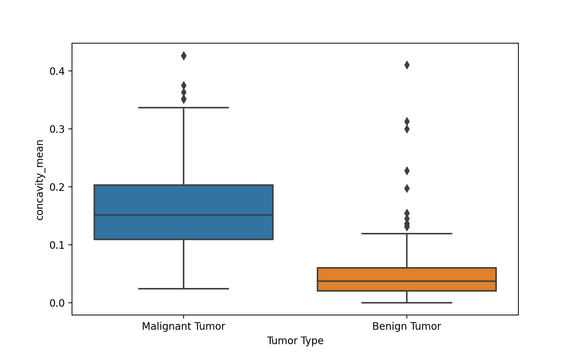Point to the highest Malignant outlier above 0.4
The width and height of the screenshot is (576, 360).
click(x=184, y=56)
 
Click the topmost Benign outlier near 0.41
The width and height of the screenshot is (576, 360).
click(x=407, y=65)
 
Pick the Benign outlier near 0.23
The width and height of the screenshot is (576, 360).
click(x=407, y=171)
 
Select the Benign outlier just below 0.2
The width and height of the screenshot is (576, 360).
click(x=407, y=188)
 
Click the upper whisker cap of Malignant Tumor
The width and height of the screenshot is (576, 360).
click(x=184, y=108)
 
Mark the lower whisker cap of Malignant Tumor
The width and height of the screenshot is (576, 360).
click(x=184, y=289)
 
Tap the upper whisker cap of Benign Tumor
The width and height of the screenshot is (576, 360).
click(x=407, y=234)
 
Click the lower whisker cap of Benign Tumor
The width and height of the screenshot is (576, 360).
click(x=407, y=303)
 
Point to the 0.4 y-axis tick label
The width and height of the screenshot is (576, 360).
click(x=57, y=71)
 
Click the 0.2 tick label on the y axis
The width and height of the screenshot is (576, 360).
click(x=57, y=187)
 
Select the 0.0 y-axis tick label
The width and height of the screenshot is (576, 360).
click(x=57, y=303)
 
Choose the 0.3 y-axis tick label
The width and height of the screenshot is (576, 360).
click(x=57, y=129)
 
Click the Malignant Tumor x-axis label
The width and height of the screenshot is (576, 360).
click(x=184, y=327)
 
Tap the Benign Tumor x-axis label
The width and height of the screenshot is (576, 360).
click(x=406, y=327)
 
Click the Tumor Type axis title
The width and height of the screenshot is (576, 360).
click(x=295, y=341)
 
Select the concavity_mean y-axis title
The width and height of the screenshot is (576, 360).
click(x=40, y=180)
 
